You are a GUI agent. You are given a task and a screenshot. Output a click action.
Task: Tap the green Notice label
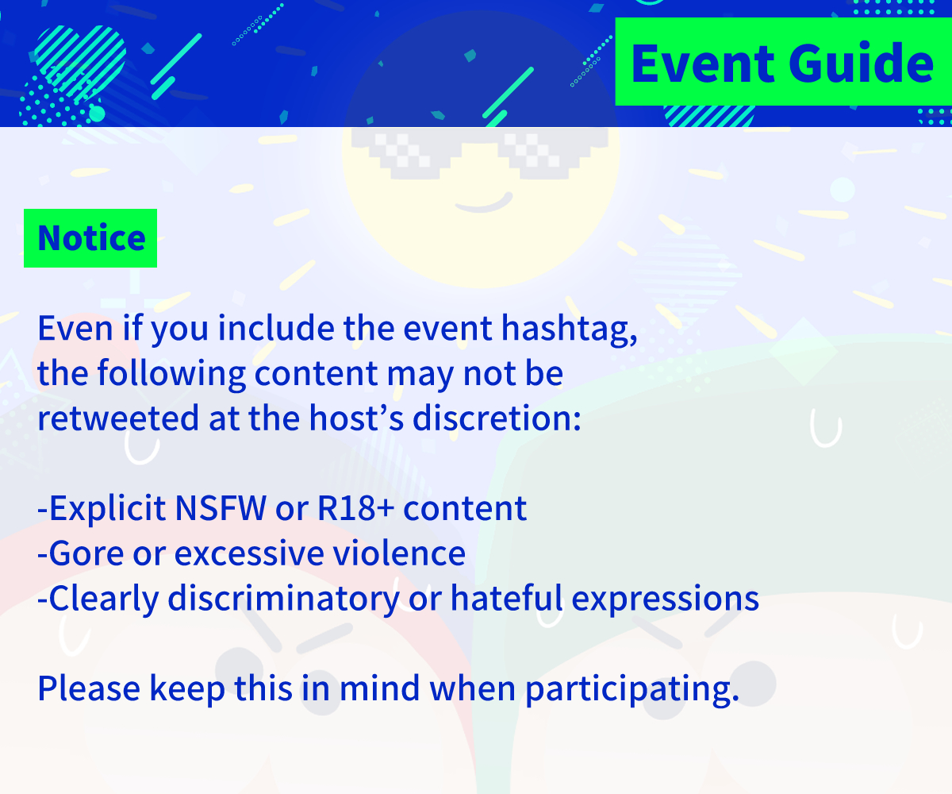[90, 238]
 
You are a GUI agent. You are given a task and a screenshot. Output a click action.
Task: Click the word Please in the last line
[88, 688]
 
